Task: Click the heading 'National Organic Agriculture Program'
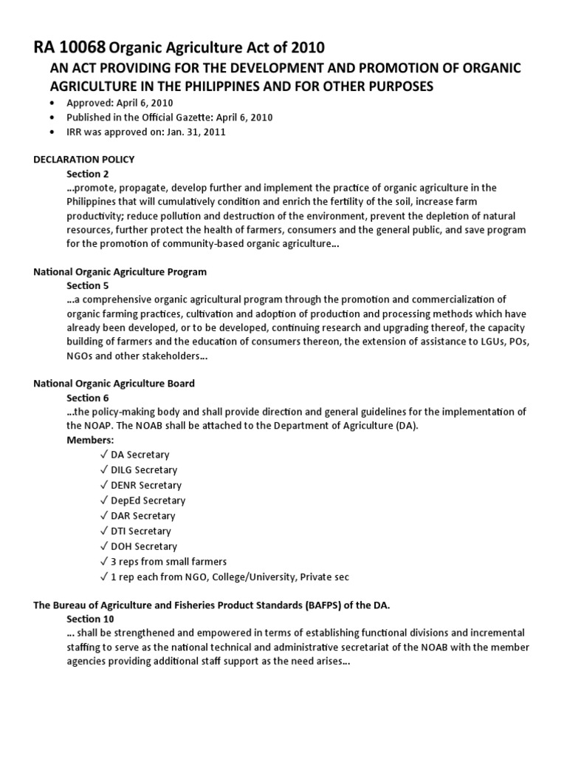point(120,271)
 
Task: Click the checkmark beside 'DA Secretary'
point(103,455)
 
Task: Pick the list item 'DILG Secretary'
point(144,470)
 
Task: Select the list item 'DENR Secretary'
point(145,485)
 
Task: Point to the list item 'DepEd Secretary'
point(147,500)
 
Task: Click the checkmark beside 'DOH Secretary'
point(103,546)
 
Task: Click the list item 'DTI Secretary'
point(140,531)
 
